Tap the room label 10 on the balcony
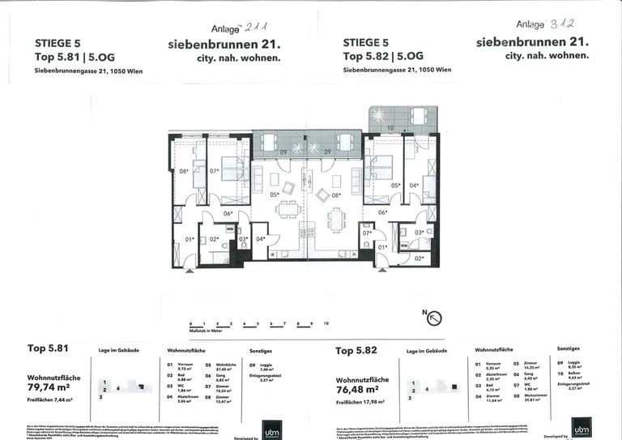(x=390, y=128)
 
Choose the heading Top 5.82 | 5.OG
(x=383, y=57)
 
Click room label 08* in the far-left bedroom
(x=184, y=171)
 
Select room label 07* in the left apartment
(x=215, y=171)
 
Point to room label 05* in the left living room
(x=275, y=194)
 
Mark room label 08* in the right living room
(x=336, y=194)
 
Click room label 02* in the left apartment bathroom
(x=214, y=240)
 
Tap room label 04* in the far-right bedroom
(x=415, y=185)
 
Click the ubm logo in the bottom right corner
(x=580, y=427)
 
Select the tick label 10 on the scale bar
(x=326, y=323)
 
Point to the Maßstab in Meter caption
(x=206, y=331)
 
